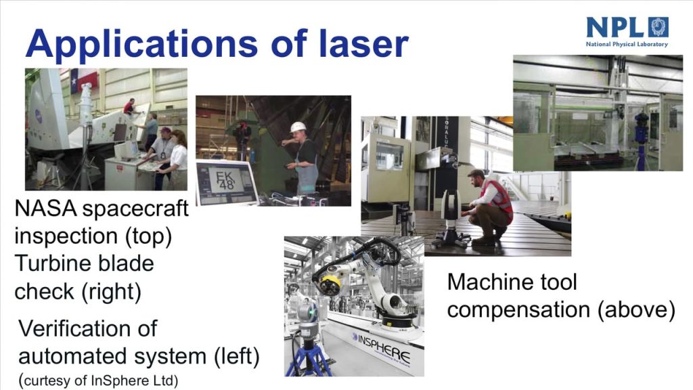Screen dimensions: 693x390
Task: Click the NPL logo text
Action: (614, 27)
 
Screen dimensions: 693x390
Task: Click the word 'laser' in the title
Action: (363, 43)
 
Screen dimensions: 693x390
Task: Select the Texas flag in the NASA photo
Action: (83, 80)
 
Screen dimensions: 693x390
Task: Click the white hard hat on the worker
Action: (298, 127)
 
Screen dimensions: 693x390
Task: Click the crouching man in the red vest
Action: (489, 208)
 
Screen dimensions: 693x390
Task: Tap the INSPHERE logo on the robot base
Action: (382, 347)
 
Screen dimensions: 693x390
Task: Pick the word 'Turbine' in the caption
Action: (49, 263)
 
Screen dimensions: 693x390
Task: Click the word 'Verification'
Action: (88, 328)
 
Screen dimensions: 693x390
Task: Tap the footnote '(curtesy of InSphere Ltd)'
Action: (99, 381)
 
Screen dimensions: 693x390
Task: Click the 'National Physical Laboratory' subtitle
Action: (627, 44)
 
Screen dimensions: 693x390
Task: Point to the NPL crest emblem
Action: (658, 27)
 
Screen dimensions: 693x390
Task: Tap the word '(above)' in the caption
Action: (636, 309)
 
